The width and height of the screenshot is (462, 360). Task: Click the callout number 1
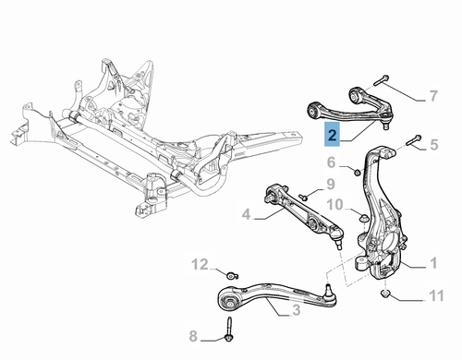point(432,264)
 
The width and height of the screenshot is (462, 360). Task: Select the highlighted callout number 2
point(333,138)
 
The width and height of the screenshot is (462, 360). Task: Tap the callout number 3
point(296,312)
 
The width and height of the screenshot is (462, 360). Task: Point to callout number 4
point(247,216)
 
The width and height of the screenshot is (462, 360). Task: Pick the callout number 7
point(432,96)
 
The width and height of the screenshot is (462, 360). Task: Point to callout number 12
point(201,266)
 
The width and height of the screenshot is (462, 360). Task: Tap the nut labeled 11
point(386,296)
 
